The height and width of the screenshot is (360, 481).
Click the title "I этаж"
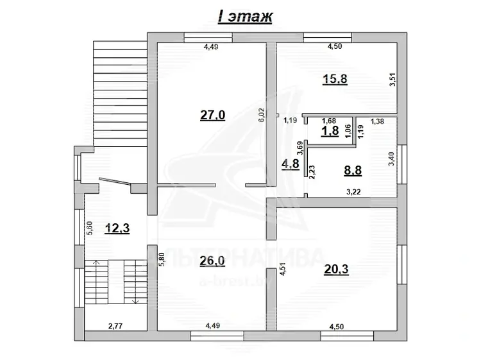(x=245, y=17)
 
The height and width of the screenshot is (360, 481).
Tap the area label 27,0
(x=212, y=116)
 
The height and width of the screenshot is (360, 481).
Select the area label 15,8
(x=335, y=79)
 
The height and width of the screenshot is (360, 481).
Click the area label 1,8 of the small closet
(x=330, y=131)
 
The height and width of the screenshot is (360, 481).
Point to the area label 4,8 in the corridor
(x=290, y=164)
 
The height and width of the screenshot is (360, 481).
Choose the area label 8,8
(x=353, y=170)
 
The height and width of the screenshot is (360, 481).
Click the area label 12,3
(x=117, y=228)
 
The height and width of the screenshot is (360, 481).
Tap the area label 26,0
(x=212, y=261)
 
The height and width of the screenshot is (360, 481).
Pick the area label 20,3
(x=336, y=270)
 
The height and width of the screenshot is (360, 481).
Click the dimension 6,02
(x=262, y=116)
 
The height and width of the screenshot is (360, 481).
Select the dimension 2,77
(x=115, y=326)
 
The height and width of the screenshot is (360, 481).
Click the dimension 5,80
(x=162, y=259)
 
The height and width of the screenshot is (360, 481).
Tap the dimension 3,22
(x=353, y=192)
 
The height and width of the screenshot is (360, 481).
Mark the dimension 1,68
(x=328, y=121)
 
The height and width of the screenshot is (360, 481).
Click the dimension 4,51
(x=283, y=269)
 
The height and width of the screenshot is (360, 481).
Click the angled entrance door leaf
(x=115, y=182)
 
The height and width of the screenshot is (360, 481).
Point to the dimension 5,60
(x=89, y=228)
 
